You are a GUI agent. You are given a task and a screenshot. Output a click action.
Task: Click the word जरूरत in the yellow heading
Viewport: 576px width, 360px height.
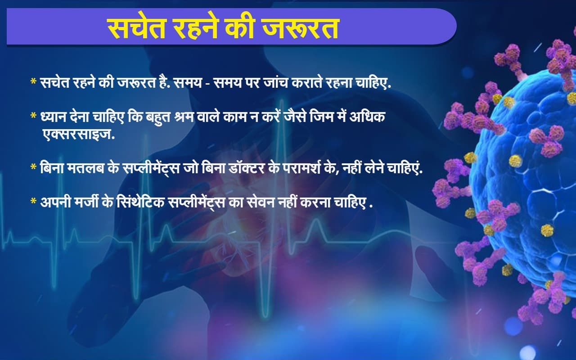coord(300,28)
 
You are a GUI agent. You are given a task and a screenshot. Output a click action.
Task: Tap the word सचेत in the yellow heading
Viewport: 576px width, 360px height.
coord(136,28)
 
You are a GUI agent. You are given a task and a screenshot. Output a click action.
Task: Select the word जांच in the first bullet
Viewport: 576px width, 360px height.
coord(276,82)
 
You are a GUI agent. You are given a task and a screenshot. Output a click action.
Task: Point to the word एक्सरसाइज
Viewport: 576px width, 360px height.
coord(78,134)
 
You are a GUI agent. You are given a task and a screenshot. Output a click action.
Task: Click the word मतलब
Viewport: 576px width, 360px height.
coord(85,169)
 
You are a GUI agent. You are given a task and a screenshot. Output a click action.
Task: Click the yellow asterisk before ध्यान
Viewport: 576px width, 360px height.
coord(33,116)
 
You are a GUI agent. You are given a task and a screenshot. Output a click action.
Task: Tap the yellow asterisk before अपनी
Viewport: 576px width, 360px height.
coord(33,201)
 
